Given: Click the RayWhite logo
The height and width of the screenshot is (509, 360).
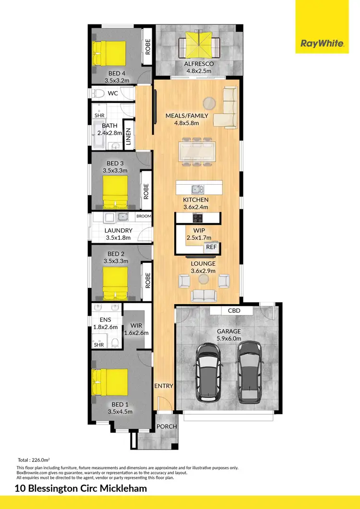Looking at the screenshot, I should (x=322, y=44).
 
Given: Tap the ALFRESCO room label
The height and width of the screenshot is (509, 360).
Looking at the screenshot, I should (x=199, y=64).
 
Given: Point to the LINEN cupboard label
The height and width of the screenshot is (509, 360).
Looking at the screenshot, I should (x=128, y=137).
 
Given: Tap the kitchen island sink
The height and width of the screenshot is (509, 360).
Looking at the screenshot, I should (x=196, y=189).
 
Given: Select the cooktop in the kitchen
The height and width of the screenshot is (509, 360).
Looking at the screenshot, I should (x=197, y=218).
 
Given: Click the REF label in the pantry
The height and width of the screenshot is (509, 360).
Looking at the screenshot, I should (x=211, y=247).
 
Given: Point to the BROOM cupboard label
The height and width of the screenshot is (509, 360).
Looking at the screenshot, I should (x=144, y=216).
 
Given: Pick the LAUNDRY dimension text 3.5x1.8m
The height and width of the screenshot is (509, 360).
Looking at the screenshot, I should (x=119, y=237).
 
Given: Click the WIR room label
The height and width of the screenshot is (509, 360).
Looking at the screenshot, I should (x=136, y=325).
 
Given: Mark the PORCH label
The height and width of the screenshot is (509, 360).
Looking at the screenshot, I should (x=167, y=426).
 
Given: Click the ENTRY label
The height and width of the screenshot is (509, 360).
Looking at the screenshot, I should (x=164, y=386).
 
